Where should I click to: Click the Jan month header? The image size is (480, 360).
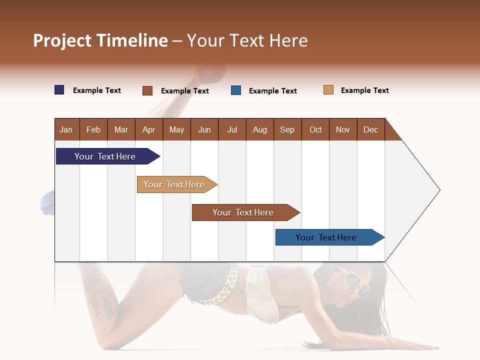tap(66, 129)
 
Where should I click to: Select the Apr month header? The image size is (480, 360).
tap(148, 129)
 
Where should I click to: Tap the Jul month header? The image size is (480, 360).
tap(232, 129)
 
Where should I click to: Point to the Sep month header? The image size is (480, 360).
tap(287, 129)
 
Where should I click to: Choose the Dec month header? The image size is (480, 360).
tap(370, 129)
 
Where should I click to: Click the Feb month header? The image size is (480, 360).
tap(93, 129)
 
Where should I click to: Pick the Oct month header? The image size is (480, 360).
tap(315, 129)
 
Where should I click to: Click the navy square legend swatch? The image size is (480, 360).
tap(59, 90)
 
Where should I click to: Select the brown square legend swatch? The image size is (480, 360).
tap(147, 90)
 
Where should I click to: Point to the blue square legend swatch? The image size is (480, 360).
tap(236, 90)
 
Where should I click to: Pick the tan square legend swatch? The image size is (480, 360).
tap(328, 90)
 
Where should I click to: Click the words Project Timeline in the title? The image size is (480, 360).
tap(100, 40)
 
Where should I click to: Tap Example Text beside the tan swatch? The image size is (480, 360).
tap(364, 90)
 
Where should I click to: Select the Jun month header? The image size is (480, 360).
tap(204, 129)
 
